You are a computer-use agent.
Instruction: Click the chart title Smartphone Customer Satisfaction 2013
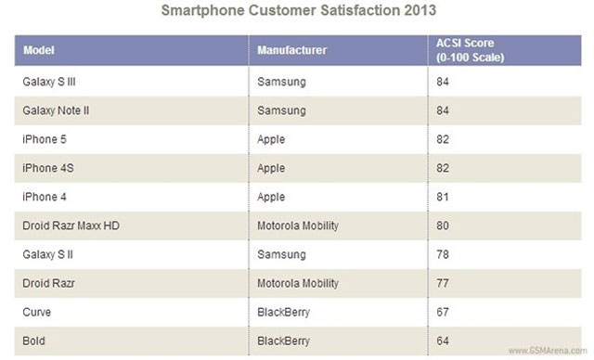(x=297, y=11)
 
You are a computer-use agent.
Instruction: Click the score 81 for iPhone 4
(x=442, y=197)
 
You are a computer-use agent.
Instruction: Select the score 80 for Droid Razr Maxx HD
(x=442, y=225)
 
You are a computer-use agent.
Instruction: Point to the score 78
(x=442, y=254)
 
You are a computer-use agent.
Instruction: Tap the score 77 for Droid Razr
(x=442, y=284)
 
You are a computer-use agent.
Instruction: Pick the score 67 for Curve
(x=442, y=313)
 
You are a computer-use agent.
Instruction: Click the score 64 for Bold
(x=442, y=341)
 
